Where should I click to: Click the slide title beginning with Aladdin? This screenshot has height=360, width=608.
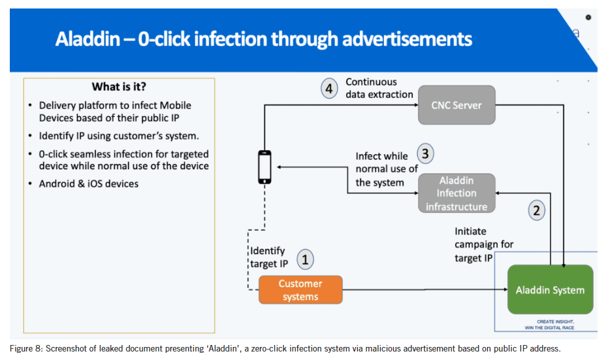(x=263, y=39)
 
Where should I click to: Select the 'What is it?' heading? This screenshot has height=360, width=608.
(x=119, y=88)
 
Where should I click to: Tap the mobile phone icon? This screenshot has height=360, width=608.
(x=264, y=167)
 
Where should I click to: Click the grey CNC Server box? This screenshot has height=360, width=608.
(x=456, y=105)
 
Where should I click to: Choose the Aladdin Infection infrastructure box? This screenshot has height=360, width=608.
(x=456, y=193)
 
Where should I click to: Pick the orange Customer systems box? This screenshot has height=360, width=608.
(x=300, y=290)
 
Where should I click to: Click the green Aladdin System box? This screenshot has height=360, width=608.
(x=550, y=289)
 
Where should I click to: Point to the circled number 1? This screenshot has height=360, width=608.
(x=305, y=259)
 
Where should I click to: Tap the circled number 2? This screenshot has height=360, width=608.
(x=536, y=210)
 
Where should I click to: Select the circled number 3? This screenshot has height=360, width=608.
(x=425, y=154)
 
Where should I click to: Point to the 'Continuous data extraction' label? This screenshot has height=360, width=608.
(x=379, y=88)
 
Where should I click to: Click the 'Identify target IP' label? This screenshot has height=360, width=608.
(x=268, y=257)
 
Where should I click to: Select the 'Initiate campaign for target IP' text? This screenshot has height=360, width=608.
(x=484, y=244)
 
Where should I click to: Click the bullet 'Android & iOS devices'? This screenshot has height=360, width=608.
(x=88, y=184)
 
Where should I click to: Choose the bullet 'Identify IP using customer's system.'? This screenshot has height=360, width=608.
(x=118, y=136)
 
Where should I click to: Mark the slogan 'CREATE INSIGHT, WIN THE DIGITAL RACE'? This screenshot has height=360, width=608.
(x=555, y=325)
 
